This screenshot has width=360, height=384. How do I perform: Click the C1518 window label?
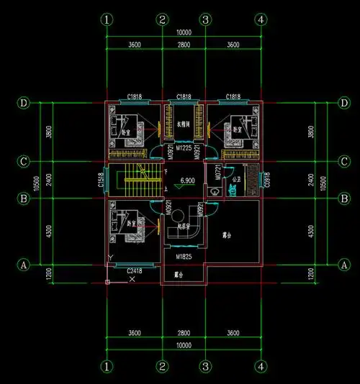[100, 179]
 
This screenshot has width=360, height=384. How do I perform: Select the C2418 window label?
[135, 270]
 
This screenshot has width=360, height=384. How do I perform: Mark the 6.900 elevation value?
[188, 180]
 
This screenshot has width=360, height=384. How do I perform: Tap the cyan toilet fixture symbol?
[233, 189]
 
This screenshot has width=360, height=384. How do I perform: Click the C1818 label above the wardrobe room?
[184, 96]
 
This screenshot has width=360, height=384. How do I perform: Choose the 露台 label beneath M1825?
[179, 274]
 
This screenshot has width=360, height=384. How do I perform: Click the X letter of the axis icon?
[132, 278]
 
